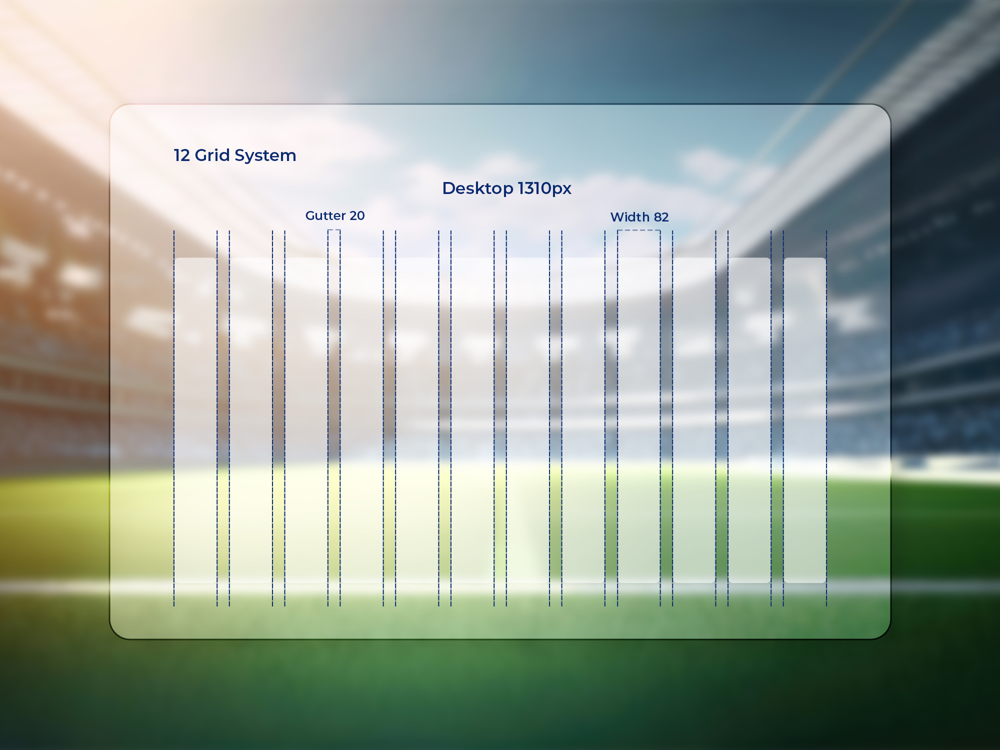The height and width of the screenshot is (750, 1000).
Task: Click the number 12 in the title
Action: [182, 155]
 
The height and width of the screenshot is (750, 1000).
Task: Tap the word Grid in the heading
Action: [212, 155]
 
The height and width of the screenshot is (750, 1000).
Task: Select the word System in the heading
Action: [265, 156]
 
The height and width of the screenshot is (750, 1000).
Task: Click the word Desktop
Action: [478, 188]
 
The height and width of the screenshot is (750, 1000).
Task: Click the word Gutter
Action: [325, 215]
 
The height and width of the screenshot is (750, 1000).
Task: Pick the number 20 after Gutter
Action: [357, 215]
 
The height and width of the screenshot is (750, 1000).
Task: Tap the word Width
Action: [630, 217]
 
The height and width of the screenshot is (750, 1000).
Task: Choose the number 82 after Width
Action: [661, 217]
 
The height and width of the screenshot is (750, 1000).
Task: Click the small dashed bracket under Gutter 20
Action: [334, 230]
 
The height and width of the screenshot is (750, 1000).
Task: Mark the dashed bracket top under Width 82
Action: [639, 230]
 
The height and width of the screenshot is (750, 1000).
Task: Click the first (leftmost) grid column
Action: [195, 420]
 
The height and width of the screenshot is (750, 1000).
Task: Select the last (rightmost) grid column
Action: [805, 420]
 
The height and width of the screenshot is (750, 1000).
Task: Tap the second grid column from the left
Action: [251, 420]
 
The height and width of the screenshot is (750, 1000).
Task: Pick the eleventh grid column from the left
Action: [749, 420]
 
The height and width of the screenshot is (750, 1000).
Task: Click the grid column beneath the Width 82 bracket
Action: [639, 420]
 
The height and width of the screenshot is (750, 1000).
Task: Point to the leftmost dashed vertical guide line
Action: [174, 418]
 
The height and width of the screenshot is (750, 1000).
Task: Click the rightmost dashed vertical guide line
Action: [826, 418]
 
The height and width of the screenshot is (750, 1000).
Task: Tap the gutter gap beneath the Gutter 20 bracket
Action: [334, 420]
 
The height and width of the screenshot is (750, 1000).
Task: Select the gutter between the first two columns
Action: [223, 420]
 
